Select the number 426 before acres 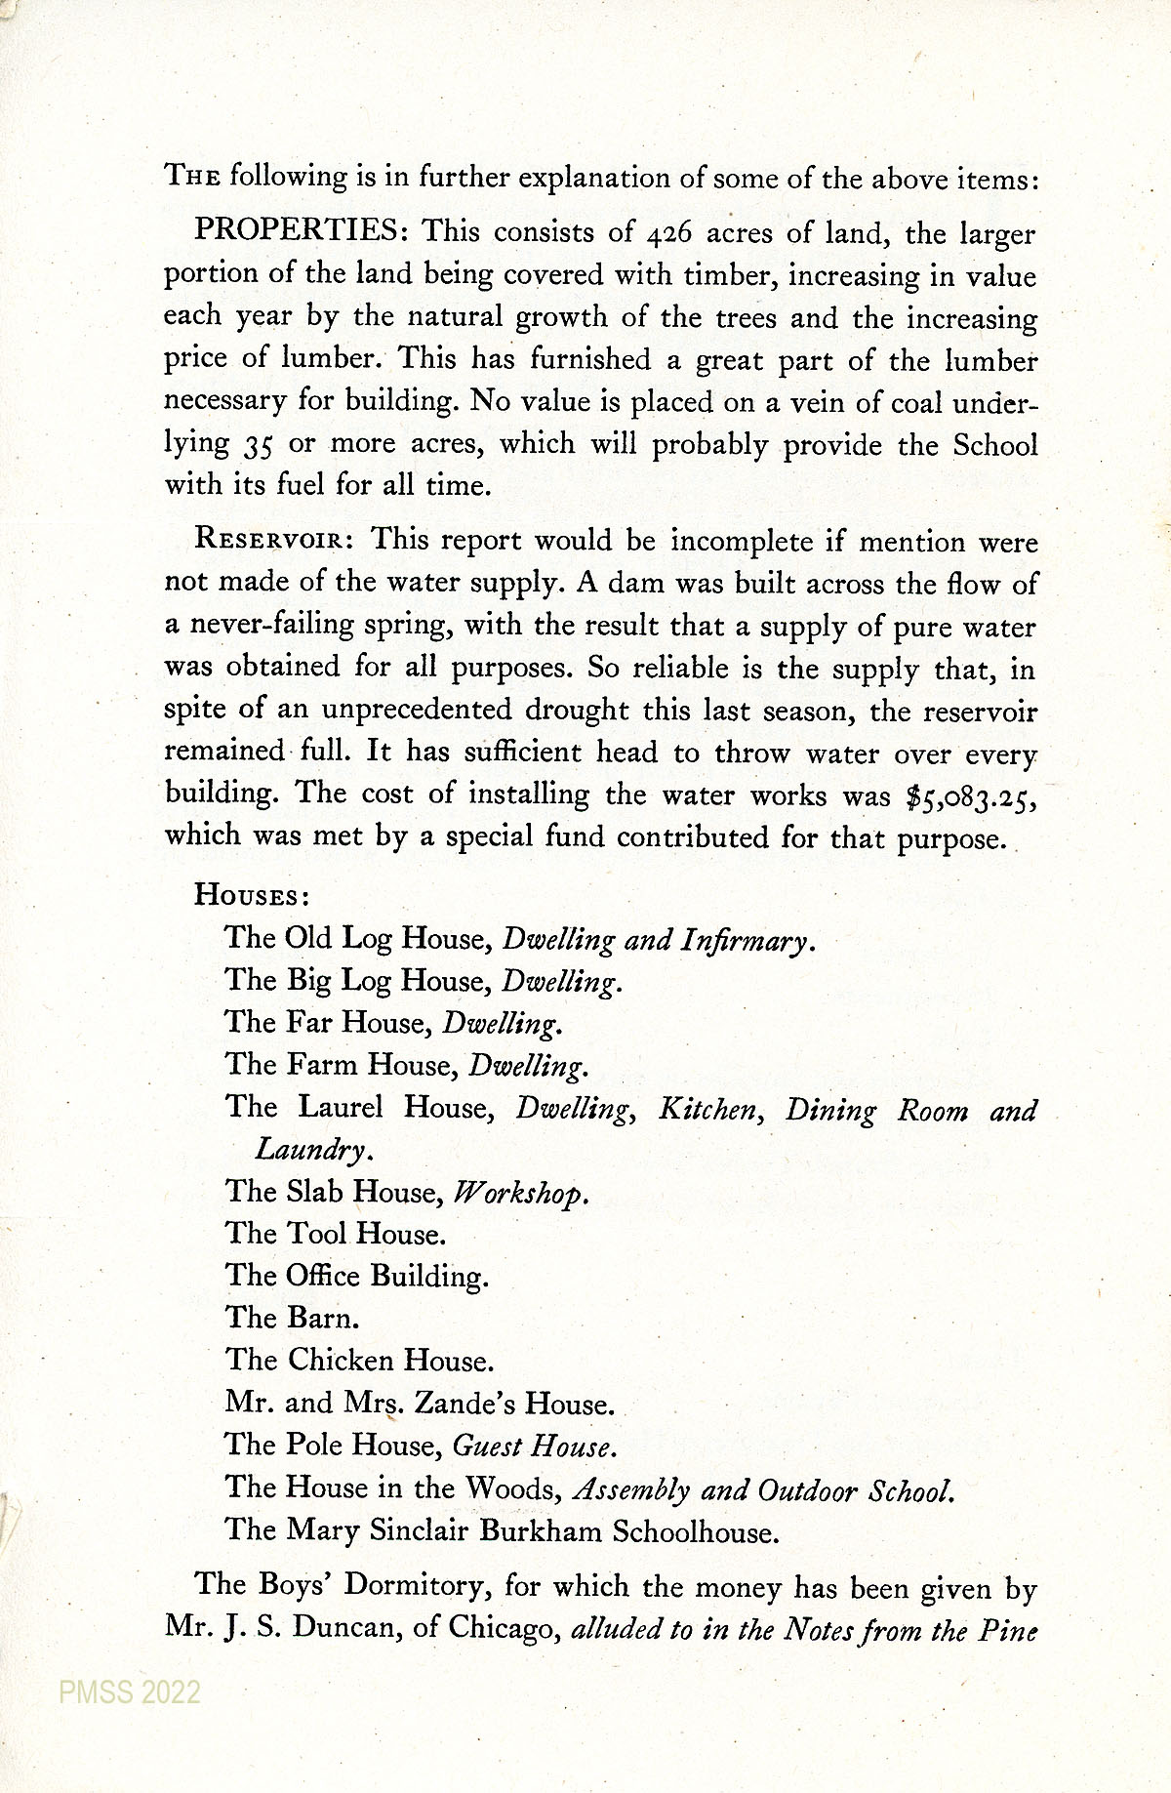668,234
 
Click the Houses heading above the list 253,895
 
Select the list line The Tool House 336,1234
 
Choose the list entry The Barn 293,1318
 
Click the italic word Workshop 521,1193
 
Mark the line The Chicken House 359,1360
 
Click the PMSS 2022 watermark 130,1691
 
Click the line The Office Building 356,1276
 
